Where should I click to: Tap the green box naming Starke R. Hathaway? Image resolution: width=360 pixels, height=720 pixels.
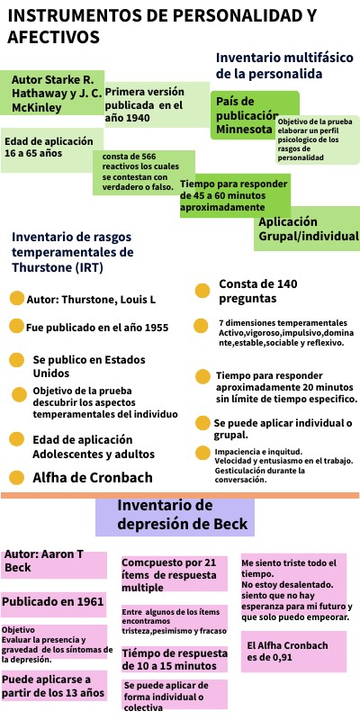(x=52, y=92)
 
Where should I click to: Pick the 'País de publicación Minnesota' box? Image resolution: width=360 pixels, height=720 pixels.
(x=243, y=114)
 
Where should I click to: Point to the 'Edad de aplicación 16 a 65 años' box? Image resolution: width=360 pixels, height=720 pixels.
(x=47, y=148)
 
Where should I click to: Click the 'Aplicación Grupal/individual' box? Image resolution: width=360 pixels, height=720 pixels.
(x=306, y=229)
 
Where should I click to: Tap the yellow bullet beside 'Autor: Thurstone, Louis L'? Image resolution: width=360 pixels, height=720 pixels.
(x=16, y=299)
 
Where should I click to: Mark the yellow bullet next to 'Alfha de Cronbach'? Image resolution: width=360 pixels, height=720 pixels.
(x=16, y=478)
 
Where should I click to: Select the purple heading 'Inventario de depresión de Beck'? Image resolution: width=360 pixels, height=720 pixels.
(x=175, y=517)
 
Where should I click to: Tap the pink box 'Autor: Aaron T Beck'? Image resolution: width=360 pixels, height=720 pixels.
(x=54, y=564)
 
